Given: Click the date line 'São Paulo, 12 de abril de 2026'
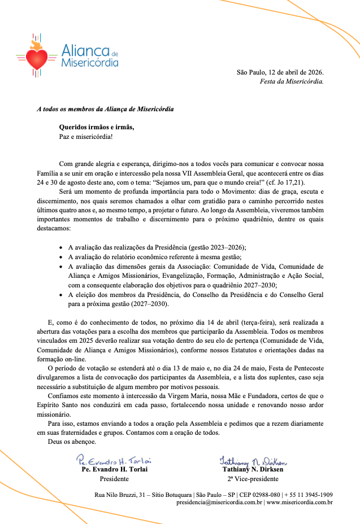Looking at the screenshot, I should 280,72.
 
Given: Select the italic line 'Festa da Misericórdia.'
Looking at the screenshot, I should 292,81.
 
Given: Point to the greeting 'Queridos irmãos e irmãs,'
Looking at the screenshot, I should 97,127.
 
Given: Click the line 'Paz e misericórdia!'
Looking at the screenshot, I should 86,136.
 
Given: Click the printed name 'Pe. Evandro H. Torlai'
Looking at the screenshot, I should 115,469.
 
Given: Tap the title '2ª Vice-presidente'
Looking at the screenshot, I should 253,479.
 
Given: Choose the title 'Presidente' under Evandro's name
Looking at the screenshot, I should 114,479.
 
